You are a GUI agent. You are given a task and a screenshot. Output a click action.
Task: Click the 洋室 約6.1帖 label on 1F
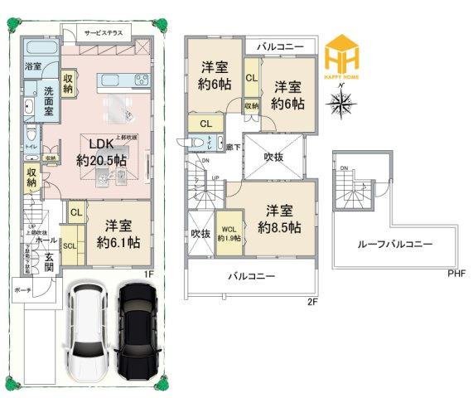(x=118, y=234)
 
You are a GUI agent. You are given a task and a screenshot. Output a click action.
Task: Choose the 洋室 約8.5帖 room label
(x=278, y=217)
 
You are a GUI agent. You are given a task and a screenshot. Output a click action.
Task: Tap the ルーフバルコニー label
(x=394, y=245)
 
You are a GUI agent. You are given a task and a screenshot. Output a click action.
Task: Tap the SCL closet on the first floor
(x=70, y=246)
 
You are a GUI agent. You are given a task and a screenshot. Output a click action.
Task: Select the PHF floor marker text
(x=456, y=273)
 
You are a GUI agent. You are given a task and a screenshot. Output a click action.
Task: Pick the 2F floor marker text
(x=312, y=302)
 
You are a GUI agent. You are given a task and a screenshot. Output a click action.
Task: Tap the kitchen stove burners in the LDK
(x=138, y=80)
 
